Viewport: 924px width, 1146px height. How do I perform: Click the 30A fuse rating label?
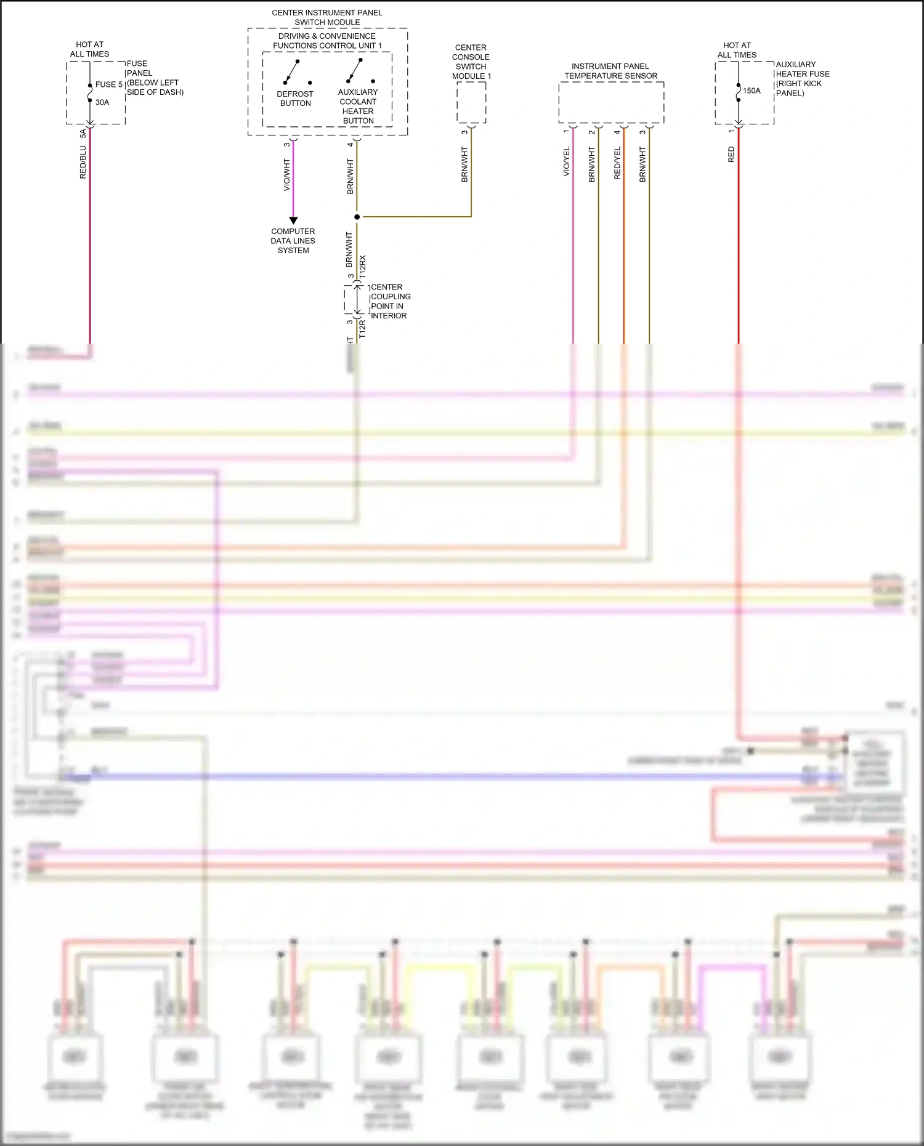pyautogui.click(x=102, y=102)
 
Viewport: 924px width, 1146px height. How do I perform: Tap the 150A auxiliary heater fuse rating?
pyautogui.click(x=752, y=91)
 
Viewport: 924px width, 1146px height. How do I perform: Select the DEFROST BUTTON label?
pyautogui.click(x=295, y=99)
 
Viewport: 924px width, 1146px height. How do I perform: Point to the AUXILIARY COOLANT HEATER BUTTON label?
pyautogui.click(x=358, y=106)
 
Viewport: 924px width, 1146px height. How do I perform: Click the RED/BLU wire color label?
pyautogui.click(x=83, y=163)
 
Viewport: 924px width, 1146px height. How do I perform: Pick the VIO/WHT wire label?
pyautogui.click(x=286, y=174)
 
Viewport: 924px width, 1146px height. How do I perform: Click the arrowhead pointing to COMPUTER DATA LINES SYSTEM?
pyautogui.click(x=293, y=220)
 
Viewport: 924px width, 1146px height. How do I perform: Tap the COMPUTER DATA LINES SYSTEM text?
pyautogui.click(x=293, y=241)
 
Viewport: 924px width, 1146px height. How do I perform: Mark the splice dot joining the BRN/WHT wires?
pyautogui.click(x=357, y=217)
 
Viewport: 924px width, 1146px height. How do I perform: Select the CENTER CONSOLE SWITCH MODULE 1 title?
pyautogui.click(x=471, y=62)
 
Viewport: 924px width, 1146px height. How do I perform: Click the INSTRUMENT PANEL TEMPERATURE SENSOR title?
pyautogui.click(x=610, y=71)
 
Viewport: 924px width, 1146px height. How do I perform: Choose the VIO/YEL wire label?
pyautogui.click(x=566, y=162)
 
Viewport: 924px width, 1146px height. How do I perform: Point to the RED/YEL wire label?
pyautogui.click(x=617, y=163)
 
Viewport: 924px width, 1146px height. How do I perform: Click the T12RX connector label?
pyautogui.click(x=363, y=268)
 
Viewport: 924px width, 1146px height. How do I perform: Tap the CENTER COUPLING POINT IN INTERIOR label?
pyautogui.click(x=390, y=301)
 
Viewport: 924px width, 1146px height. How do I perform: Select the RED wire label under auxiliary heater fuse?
pyautogui.click(x=731, y=155)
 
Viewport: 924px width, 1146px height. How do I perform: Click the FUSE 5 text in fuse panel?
pyautogui.click(x=108, y=84)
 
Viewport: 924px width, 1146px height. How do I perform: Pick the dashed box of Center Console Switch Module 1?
pyautogui.click(x=471, y=102)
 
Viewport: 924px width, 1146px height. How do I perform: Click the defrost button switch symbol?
pyautogui.click(x=292, y=72)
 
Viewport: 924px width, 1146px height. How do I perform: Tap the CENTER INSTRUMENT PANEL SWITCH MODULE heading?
pyautogui.click(x=327, y=17)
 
